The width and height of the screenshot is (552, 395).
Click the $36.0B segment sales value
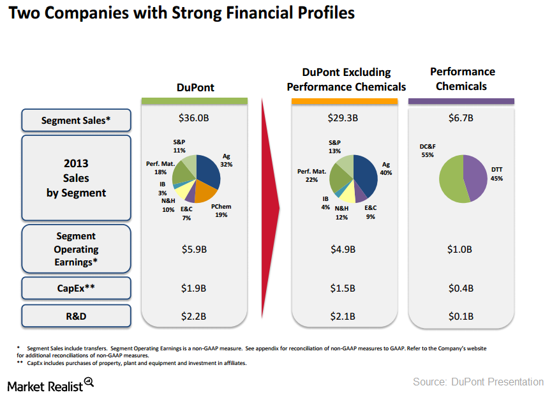click(194, 118)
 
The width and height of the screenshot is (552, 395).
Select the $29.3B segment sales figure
click(344, 118)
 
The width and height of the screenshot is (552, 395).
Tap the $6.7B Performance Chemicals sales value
click(460, 118)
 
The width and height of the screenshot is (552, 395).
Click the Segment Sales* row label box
click(76, 120)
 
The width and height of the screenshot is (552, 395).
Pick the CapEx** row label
click(76, 288)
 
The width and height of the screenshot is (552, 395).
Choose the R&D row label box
click(76, 315)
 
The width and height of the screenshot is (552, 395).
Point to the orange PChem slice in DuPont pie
click(205, 191)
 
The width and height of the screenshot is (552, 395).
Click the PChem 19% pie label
click(221, 211)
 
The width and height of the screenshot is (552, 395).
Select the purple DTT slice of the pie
click(476, 177)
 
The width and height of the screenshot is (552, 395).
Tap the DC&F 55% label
click(428, 151)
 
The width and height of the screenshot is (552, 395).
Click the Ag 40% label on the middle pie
click(385, 168)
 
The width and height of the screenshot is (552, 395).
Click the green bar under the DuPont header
click(194, 101)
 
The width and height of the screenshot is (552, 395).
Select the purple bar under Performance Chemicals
click(461, 101)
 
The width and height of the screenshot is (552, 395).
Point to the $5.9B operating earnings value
click(194, 250)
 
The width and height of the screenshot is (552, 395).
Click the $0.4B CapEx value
click(460, 288)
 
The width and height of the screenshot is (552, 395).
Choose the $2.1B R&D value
click(344, 315)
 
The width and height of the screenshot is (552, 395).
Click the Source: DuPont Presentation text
click(478, 382)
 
